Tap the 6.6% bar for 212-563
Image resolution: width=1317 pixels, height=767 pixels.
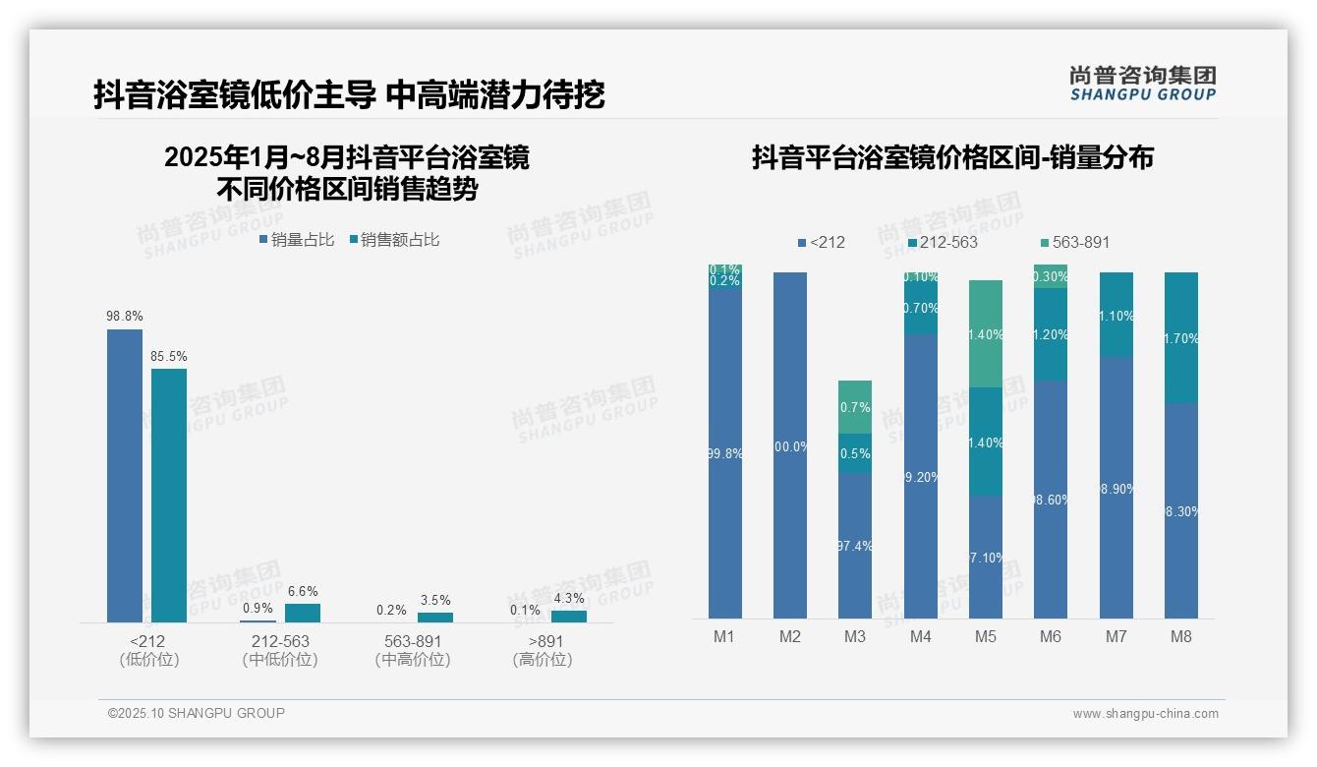click(x=303, y=613)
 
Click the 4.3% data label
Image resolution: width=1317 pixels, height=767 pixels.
click(x=568, y=598)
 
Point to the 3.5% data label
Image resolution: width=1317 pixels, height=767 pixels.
click(x=435, y=600)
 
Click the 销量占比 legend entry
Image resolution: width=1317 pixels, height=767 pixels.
click(x=297, y=240)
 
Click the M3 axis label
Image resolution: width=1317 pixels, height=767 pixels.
click(x=855, y=636)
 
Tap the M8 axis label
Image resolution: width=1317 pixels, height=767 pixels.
click(x=1181, y=636)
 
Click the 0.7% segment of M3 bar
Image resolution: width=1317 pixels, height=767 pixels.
click(x=855, y=407)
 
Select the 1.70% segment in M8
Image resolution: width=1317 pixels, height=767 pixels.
click(x=1181, y=337)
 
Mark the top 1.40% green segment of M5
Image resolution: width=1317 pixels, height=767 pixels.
click(x=986, y=333)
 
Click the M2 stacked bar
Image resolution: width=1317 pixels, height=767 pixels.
click(x=790, y=445)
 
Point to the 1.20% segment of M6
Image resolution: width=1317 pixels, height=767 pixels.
click(x=1051, y=334)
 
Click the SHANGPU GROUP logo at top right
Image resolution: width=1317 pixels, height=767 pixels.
click(x=1142, y=84)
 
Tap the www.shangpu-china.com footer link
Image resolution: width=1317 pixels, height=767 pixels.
click(x=1145, y=714)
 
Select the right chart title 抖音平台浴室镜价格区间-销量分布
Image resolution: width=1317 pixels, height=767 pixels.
click(x=952, y=157)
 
